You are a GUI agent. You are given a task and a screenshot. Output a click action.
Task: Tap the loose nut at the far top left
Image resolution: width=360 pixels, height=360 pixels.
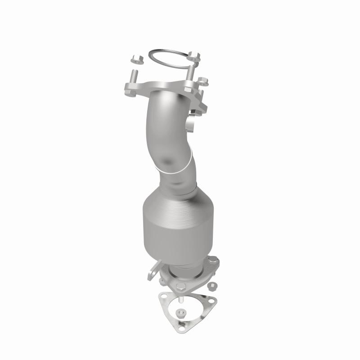tap(136, 59)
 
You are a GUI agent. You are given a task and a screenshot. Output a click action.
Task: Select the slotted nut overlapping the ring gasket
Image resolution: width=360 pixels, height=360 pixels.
tap(194, 56)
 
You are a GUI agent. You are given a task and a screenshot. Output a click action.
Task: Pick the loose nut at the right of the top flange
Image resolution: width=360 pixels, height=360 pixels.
tap(203, 81)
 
